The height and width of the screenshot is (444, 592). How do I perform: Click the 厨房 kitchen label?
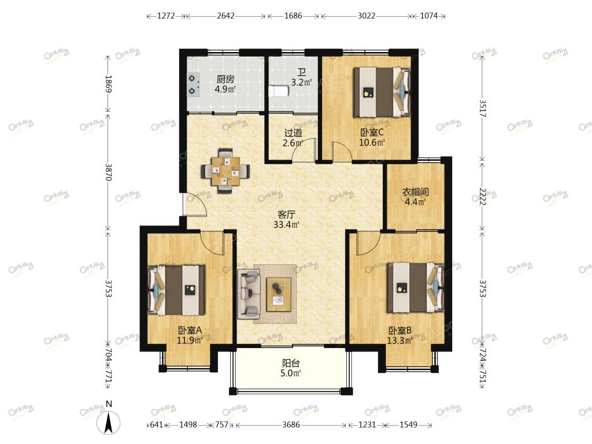click(225, 79)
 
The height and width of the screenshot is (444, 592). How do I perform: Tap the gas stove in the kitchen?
click(193, 85)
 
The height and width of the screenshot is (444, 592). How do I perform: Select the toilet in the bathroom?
click(279, 91)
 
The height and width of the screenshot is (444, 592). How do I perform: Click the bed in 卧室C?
click(382, 92)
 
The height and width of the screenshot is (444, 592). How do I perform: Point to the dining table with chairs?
click(226, 171)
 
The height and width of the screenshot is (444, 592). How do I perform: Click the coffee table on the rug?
click(279, 294)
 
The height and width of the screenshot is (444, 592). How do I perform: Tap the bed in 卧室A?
click(177, 290)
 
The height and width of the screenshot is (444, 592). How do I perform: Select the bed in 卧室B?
click(416, 287)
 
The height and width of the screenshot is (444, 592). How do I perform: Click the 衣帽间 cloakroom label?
click(415, 192)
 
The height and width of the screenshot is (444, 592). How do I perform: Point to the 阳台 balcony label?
click(291, 364)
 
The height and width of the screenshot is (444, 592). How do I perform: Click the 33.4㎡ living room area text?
click(286, 225)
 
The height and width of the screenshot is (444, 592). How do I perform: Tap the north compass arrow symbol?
click(109, 423)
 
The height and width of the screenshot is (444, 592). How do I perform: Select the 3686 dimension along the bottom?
click(291, 425)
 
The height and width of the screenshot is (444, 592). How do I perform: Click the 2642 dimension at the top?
click(226, 16)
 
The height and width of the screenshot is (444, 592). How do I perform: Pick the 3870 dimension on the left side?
click(108, 172)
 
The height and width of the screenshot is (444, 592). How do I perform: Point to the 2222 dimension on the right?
click(482, 197)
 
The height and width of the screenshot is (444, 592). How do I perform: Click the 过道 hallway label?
click(293, 133)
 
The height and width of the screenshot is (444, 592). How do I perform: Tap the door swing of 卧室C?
click(342, 151)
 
